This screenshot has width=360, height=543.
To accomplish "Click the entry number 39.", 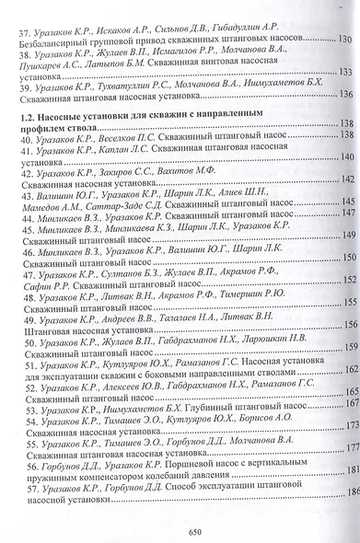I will [31, 83].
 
